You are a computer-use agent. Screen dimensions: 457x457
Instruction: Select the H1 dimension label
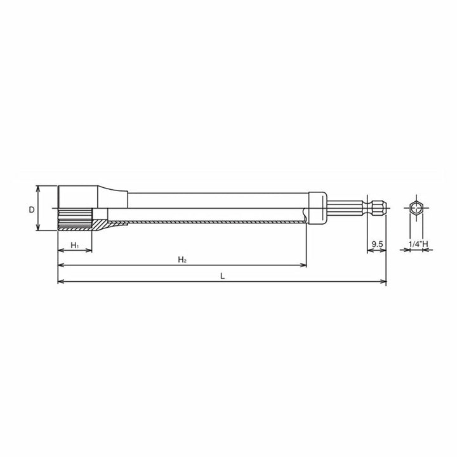tap(74, 244)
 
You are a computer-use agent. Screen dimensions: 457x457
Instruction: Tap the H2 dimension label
tap(182, 260)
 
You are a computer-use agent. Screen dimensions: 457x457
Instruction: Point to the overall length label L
tap(222, 275)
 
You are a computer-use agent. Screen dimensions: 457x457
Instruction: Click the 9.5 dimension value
tap(376, 244)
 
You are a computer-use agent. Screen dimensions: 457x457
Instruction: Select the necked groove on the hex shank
tap(368, 208)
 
